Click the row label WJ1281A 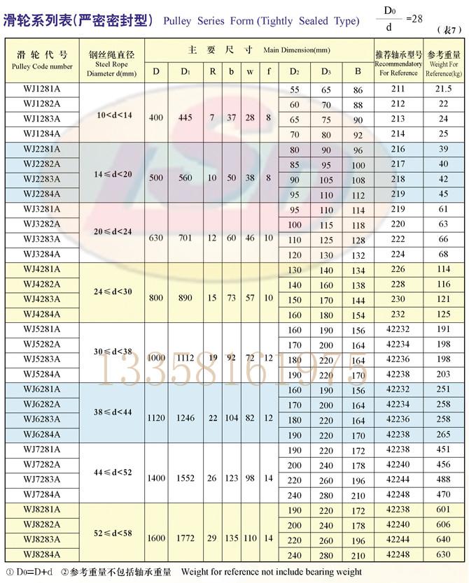click(42, 89)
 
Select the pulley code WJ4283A click(42, 298)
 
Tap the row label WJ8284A click(42, 554)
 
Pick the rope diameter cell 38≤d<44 click(113, 412)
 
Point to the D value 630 click(156, 238)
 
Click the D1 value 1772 click(185, 538)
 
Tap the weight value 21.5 click(444, 89)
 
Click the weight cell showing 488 click(444, 479)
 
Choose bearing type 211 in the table click(398, 89)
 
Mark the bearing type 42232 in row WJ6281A click(398, 389)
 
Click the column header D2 click(294, 71)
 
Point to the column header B click(358, 71)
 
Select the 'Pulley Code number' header click(42, 66)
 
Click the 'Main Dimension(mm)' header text click(296, 51)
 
